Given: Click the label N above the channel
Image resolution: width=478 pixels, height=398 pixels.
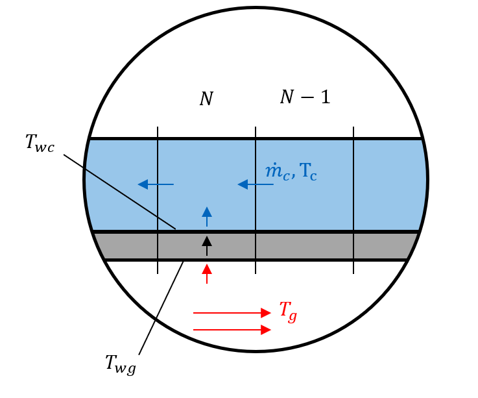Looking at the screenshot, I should click(x=206, y=99).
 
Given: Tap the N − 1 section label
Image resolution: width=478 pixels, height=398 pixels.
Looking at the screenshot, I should click(x=305, y=97).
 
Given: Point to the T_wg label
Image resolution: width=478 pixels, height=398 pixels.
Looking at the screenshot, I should click(x=121, y=364).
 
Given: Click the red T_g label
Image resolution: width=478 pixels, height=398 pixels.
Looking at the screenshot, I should click(x=289, y=311).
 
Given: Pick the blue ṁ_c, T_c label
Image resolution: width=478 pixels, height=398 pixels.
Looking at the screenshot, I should click(x=291, y=172).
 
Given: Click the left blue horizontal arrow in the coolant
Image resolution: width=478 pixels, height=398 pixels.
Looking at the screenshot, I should click(x=156, y=184).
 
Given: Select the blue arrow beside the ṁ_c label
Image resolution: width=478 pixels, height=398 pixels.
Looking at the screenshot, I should click(x=255, y=184).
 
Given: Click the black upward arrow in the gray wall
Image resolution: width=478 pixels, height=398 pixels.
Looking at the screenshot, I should click(x=206, y=246).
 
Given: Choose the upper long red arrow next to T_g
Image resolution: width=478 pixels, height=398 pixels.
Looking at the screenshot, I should click(x=232, y=313).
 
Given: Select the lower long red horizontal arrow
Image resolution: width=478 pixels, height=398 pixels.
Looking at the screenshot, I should click(x=232, y=330).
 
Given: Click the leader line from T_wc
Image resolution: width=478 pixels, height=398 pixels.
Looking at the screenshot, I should click(x=120, y=192).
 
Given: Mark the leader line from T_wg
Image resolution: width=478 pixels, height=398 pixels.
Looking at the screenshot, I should click(x=161, y=308).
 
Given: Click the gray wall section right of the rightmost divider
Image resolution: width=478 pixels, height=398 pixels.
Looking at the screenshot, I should click(x=383, y=246).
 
